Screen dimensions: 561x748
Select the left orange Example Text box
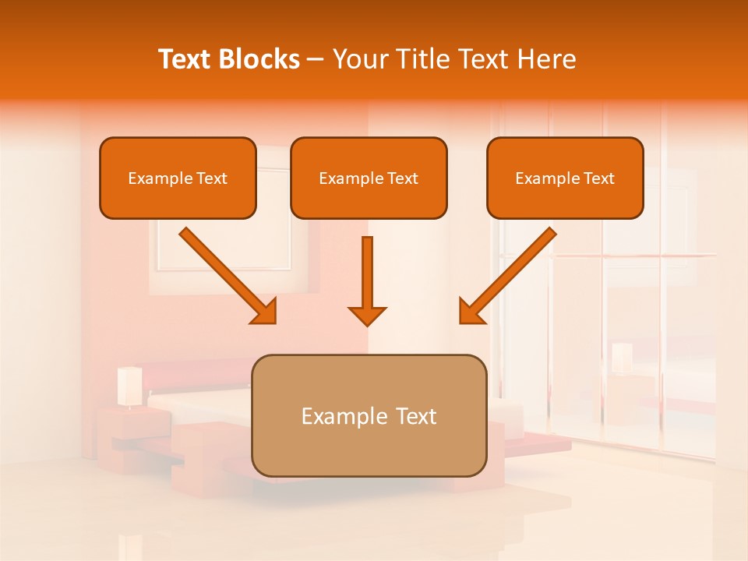[178, 178]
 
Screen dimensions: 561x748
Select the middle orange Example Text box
[369, 178]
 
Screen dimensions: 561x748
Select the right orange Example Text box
[565, 178]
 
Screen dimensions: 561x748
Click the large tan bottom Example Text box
[369, 415]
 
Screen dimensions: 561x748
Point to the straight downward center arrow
[367, 273]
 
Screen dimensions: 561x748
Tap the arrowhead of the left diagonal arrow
[265, 312]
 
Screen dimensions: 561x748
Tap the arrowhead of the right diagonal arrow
[471, 312]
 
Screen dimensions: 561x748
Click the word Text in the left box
[211, 178]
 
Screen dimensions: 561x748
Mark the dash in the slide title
[316, 60]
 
